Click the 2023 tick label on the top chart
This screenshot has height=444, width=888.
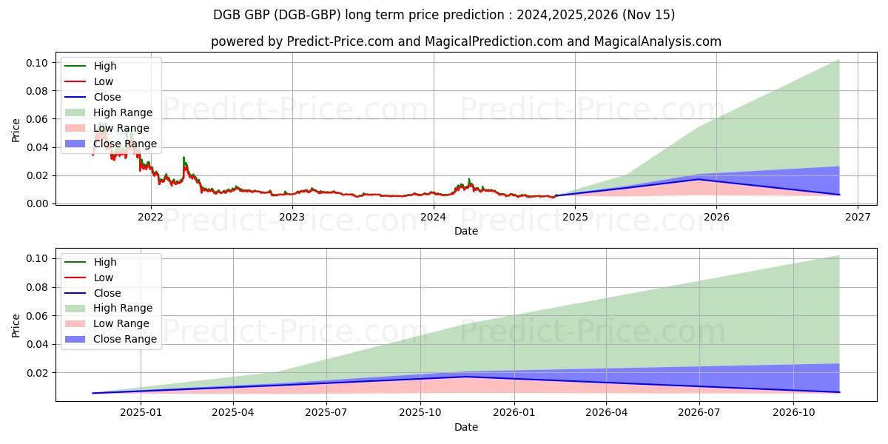click(292, 217)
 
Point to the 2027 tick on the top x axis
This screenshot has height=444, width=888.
click(858, 217)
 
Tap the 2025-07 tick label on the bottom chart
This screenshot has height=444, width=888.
click(327, 412)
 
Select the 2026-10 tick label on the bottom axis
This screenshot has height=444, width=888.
click(793, 412)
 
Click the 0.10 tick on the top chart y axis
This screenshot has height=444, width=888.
click(38, 63)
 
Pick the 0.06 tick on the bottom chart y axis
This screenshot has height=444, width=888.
click(38, 316)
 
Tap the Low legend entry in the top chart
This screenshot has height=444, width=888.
click(104, 81)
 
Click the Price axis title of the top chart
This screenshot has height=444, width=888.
click(16, 130)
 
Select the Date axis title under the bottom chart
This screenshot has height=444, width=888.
click(466, 427)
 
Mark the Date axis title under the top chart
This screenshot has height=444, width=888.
click(466, 231)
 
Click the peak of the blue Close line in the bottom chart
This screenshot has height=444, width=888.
click(466, 377)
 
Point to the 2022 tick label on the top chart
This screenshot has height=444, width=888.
click(151, 217)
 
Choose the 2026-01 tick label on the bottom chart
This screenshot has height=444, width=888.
click(514, 412)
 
